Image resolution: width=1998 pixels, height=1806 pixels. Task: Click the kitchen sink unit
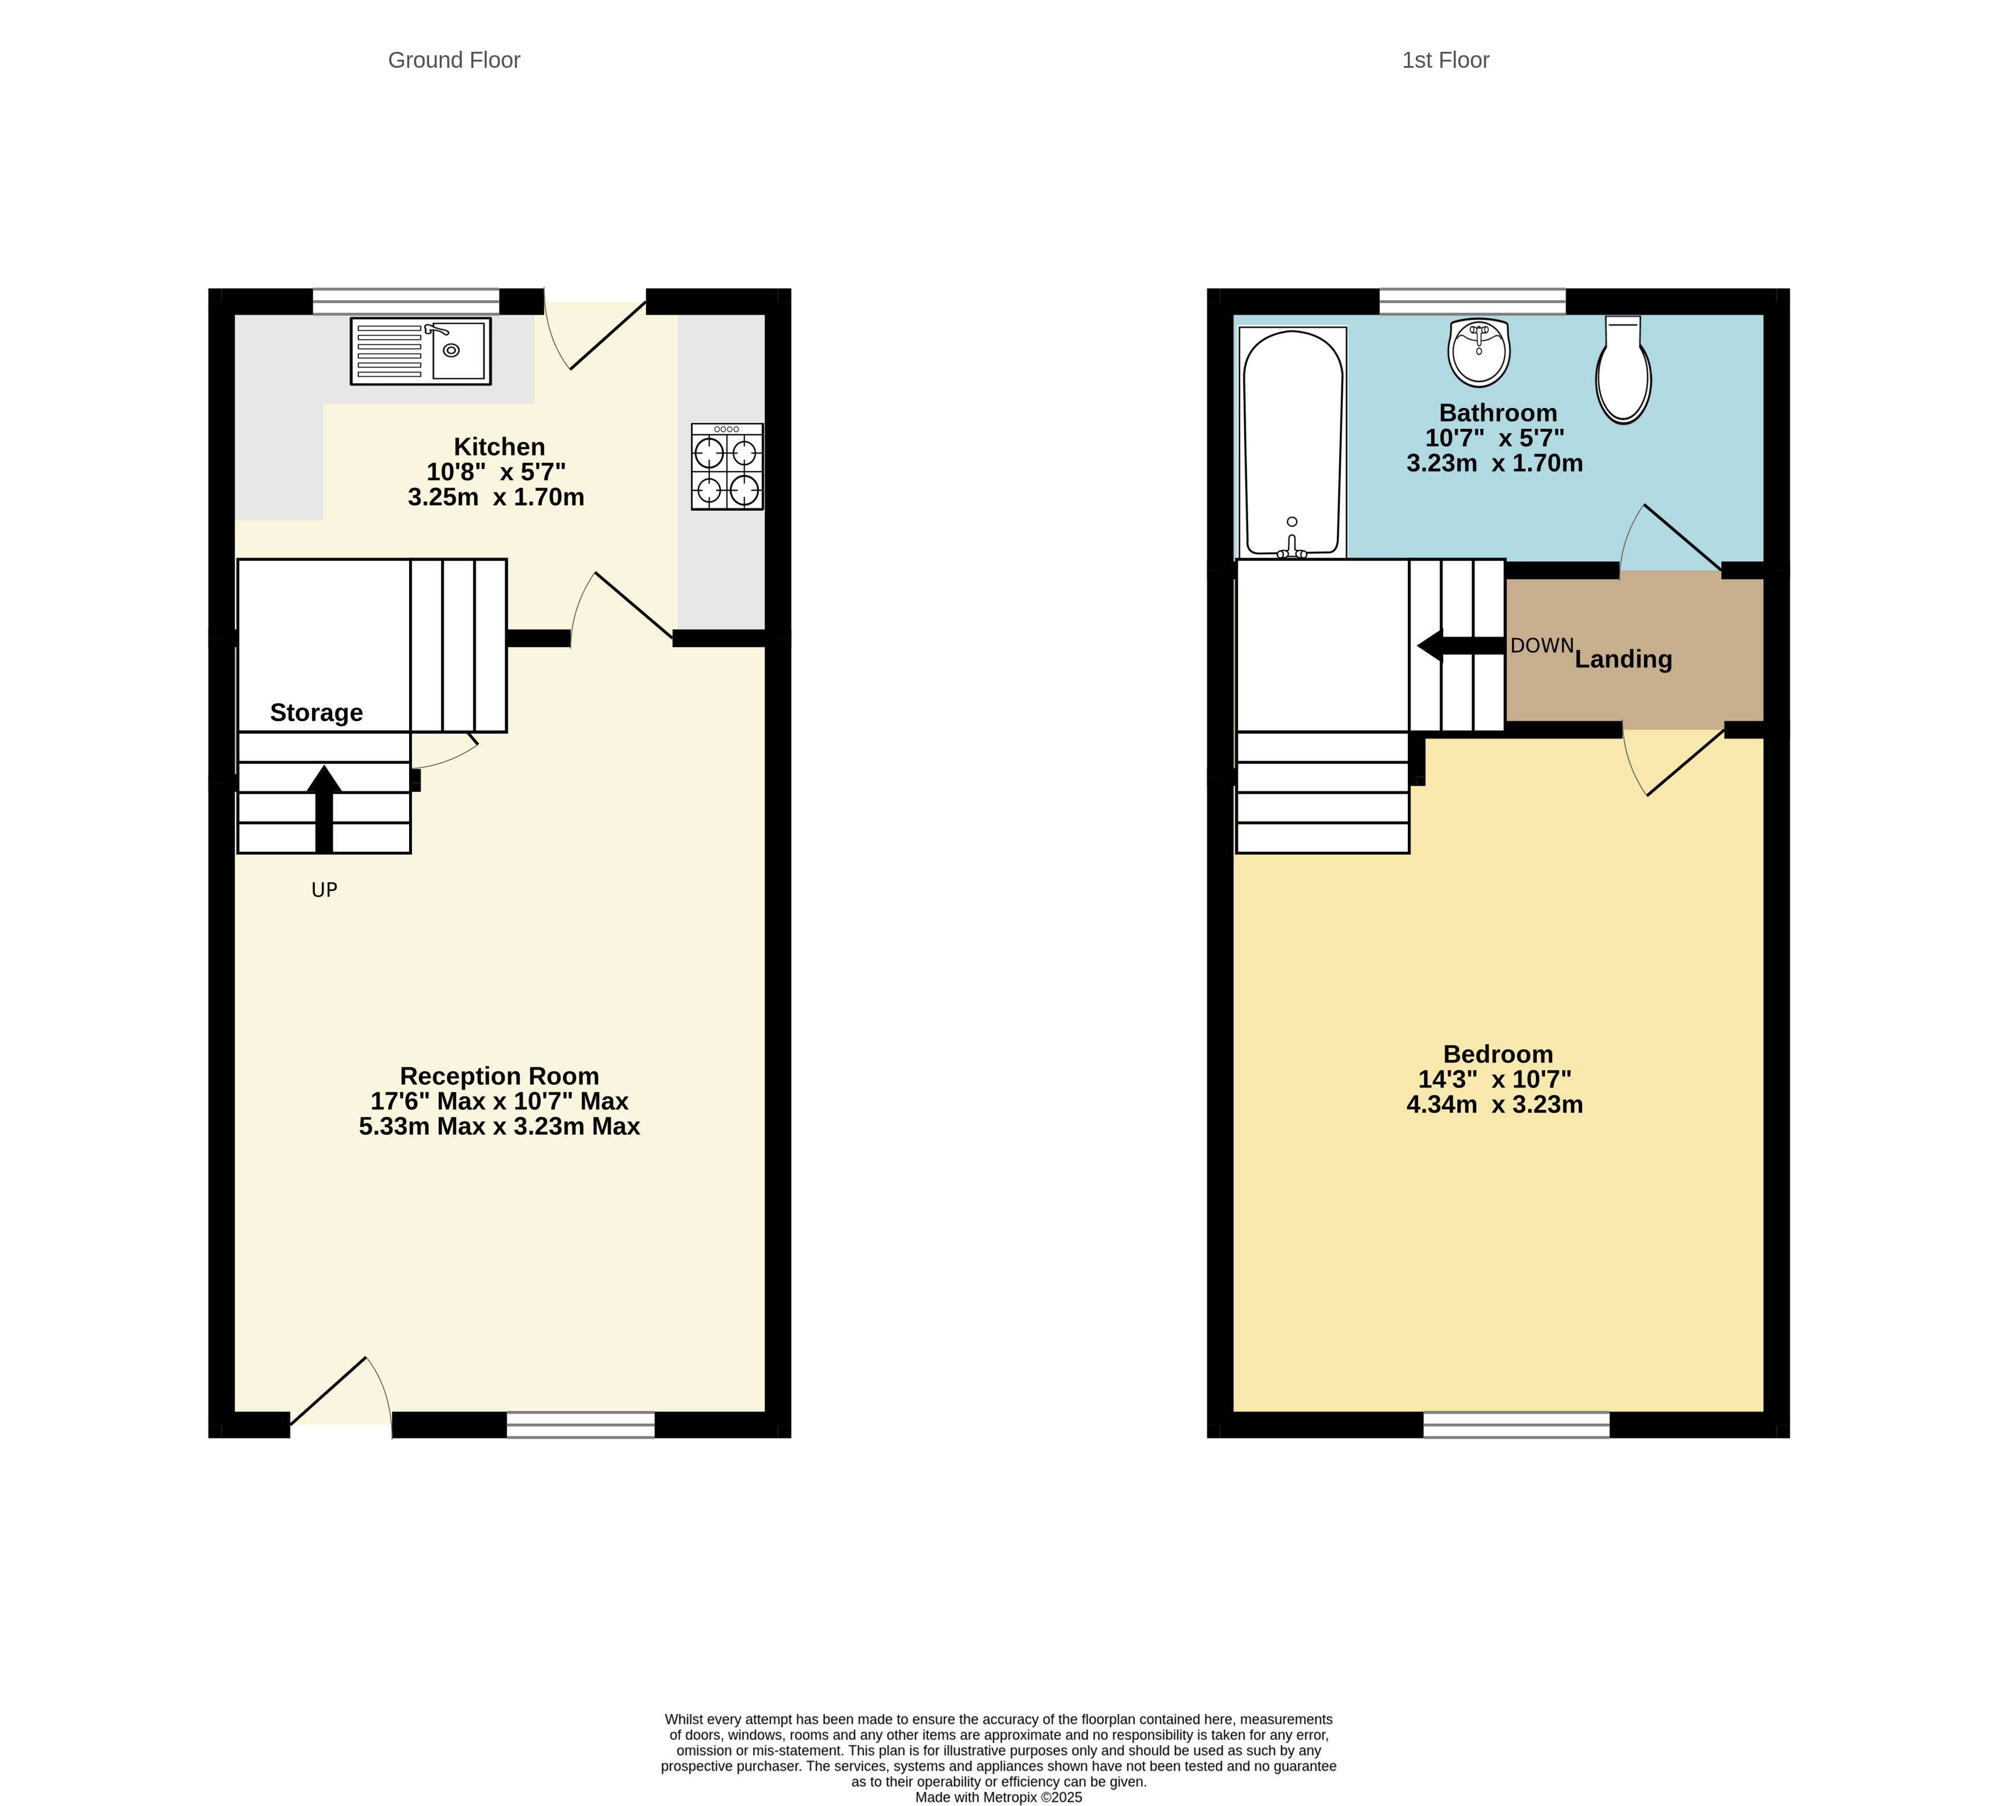(x=420, y=351)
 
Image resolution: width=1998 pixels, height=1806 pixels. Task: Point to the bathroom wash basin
(x=1478, y=352)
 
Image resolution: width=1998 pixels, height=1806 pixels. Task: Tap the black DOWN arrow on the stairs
(x=1459, y=645)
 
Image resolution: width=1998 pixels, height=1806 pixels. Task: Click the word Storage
(x=316, y=713)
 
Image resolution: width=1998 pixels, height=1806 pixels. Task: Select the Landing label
(x=1623, y=659)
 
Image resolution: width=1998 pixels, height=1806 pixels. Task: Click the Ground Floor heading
(x=454, y=60)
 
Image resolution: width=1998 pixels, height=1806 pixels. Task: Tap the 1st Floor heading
(x=1444, y=60)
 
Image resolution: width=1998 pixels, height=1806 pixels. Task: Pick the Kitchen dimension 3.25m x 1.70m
(x=496, y=497)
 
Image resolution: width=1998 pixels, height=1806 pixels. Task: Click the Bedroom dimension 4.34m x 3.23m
(x=1494, y=1104)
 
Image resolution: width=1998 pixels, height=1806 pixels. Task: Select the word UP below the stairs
(x=324, y=890)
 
